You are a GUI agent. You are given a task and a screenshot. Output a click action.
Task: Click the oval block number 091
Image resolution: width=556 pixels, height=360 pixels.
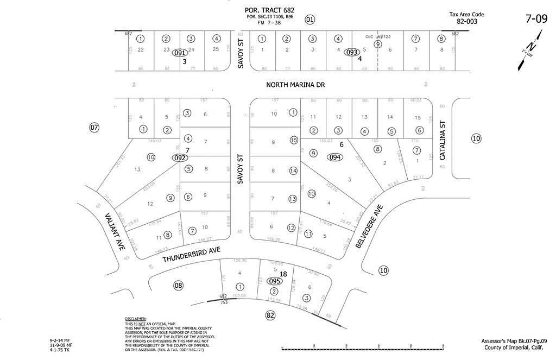[180, 53]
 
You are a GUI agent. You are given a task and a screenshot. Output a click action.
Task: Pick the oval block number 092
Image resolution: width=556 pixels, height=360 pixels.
[180, 158]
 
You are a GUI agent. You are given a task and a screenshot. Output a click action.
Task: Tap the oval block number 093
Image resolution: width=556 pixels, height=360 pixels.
[352, 53]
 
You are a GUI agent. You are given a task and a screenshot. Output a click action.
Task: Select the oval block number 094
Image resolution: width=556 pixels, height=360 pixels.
[335, 157]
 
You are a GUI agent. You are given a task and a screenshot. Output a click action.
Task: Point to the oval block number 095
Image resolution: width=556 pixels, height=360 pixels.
[275, 281]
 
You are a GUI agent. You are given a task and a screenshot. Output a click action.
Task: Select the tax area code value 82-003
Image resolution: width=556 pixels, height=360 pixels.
[466, 22]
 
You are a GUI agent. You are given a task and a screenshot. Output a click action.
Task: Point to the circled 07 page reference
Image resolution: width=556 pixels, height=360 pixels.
[94, 128]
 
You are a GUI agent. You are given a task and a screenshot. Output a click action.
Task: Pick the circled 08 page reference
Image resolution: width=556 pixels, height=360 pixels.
[178, 285]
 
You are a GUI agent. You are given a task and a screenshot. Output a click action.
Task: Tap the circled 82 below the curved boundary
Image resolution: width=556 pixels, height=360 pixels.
[270, 315]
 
